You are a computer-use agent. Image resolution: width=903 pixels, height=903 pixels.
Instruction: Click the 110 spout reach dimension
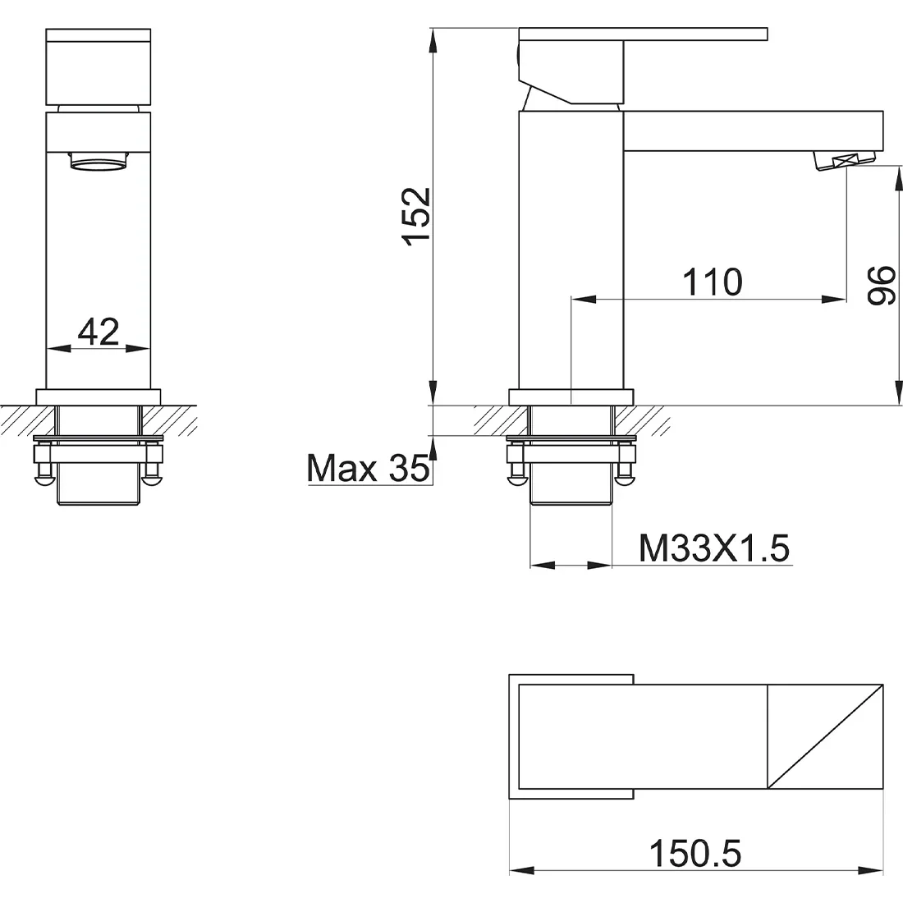coord(713,282)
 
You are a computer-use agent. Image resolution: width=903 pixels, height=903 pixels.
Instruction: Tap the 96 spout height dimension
coord(882,285)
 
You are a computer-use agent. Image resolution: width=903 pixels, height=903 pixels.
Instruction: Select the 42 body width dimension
coord(99,332)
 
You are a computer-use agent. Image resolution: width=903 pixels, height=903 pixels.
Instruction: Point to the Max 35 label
coord(369,468)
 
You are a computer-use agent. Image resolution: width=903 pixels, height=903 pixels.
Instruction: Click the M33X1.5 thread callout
coord(714,548)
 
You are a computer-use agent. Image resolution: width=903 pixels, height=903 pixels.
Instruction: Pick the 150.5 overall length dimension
coord(695,853)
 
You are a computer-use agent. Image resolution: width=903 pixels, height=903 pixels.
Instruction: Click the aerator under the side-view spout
coord(844,160)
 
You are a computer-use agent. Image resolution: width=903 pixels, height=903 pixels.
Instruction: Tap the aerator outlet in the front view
coord(99,161)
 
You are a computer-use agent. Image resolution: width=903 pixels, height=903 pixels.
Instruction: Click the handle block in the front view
coord(99,66)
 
